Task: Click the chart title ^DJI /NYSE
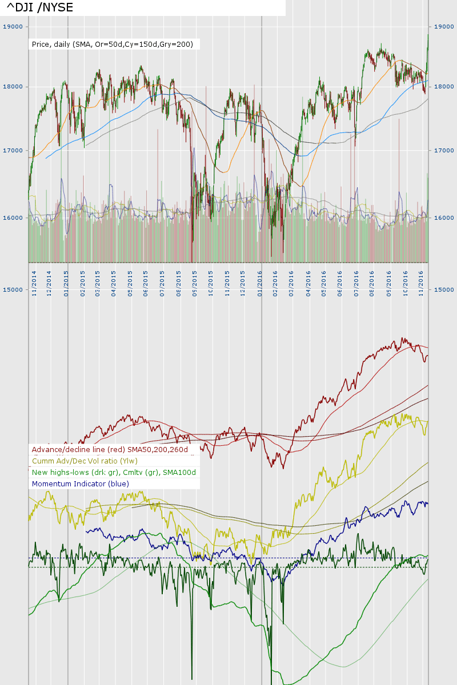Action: [x=40, y=7]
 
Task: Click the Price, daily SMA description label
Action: [x=113, y=44]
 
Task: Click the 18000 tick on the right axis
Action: [x=443, y=87]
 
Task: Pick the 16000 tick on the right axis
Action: [x=443, y=217]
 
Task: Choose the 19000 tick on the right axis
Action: [x=443, y=26]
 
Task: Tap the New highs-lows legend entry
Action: [x=114, y=473]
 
